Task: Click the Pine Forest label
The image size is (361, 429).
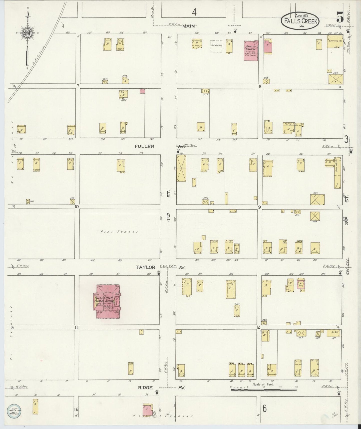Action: pos(119,232)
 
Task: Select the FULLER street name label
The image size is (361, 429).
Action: pos(144,146)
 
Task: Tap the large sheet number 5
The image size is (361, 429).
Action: pos(340,18)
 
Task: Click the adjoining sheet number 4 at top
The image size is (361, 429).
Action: pos(194,12)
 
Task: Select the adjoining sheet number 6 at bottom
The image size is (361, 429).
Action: pos(265,408)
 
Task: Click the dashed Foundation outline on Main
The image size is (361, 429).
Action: pos(216,46)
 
